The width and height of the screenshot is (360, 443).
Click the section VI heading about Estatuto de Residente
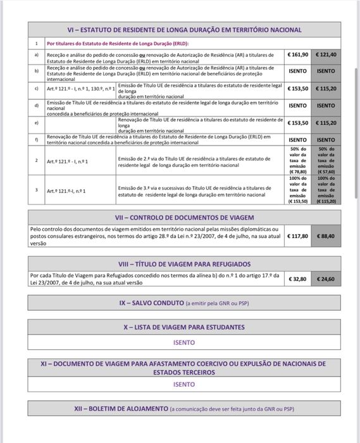[x=184, y=30]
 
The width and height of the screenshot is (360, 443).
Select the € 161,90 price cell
[x=297, y=55]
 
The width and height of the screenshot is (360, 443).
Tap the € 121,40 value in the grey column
[x=326, y=55]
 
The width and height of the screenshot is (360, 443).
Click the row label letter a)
[x=36, y=55]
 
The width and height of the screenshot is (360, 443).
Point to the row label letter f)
[x=36, y=138]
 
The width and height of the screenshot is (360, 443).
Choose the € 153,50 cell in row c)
[x=297, y=89]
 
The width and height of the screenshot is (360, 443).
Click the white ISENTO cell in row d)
[x=297, y=106]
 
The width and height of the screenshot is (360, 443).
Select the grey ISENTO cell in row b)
[x=326, y=72]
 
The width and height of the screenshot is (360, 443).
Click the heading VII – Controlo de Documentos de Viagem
[x=184, y=217]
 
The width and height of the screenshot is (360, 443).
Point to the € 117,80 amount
[x=297, y=235]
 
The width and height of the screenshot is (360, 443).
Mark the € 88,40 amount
[x=326, y=235]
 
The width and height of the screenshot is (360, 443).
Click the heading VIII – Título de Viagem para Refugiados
[x=184, y=263]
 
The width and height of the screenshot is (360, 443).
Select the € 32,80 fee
[x=297, y=278]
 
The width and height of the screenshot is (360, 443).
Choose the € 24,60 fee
[x=326, y=278]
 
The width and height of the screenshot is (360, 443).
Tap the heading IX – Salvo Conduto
[x=184, y=303]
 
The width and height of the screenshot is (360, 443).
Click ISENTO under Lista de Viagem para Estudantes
[x=184, y=342]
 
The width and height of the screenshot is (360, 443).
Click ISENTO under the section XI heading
[x=184, y=384]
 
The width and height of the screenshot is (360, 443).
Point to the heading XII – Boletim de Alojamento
[x=184, y=409]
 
